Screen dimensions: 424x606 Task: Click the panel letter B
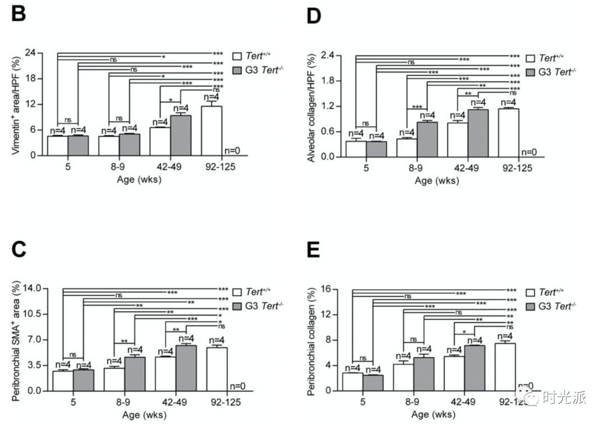[18, 13]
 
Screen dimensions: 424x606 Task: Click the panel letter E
[313, 250]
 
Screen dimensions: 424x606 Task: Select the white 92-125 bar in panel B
[212, 130]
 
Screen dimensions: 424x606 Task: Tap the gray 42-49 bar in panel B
[181, 135]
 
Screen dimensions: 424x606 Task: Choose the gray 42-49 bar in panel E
[474, 368]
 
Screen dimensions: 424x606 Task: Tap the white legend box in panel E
[531, 293]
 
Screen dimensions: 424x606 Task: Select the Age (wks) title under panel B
[138, 179]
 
